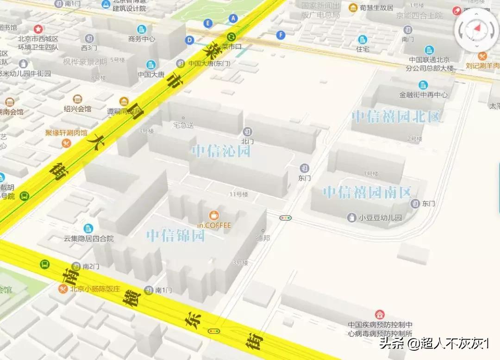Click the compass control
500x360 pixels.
476,29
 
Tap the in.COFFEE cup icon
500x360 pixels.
213,215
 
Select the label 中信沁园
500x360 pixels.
221,151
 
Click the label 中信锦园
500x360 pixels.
175,236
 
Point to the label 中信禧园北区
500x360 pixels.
396,116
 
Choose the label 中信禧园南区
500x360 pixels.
367,192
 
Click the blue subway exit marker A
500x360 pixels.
233,18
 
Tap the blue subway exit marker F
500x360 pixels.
280,35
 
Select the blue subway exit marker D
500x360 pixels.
189,40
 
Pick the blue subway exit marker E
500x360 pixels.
208,23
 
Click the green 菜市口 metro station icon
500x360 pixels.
231,37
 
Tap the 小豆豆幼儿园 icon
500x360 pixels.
352,217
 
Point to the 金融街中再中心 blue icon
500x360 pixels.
423,85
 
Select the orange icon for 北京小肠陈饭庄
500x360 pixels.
63,289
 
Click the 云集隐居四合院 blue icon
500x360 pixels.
88,228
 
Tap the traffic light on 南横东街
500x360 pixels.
213,331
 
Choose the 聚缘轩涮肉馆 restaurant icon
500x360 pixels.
66,143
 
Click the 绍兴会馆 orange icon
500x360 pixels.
77,99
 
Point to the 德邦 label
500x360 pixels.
263,238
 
